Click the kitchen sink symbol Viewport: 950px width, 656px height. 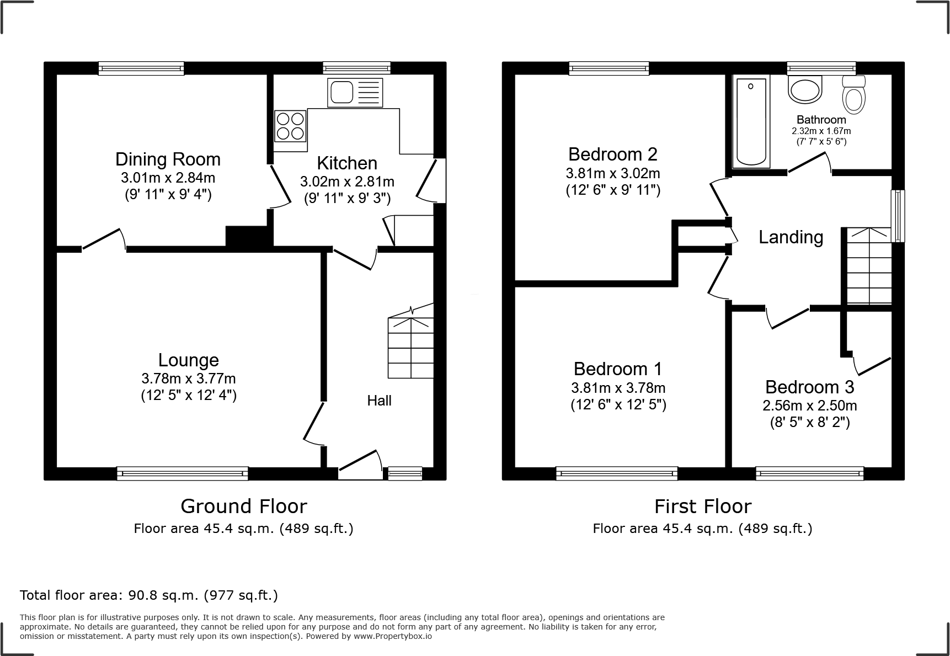(355, 92)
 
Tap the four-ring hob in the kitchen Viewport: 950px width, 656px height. (290, 126)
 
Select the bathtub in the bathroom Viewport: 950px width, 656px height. (751, 121)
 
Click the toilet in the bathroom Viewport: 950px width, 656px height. (854, 95)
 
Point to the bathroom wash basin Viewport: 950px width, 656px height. (805, 89)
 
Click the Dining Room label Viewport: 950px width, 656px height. (168, 159)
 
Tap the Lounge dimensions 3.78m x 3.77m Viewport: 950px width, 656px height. (189, 378)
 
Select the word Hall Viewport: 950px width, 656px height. (380, 401)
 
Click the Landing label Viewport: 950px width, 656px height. (791, 237)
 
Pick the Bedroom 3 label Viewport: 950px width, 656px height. (809, 387)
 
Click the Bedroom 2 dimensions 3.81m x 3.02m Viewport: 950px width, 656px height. (612, 173)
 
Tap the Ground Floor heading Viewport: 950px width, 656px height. (244, 506)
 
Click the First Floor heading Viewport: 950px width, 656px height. (702, 506)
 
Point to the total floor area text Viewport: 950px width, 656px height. (149, 595)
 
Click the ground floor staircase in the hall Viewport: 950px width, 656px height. (410, 348)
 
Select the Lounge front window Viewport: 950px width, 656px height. (183, 473)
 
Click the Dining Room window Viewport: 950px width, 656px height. (141, 68)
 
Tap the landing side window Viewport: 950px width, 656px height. (898, 216)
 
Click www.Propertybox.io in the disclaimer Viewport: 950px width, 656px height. (393, 636)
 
